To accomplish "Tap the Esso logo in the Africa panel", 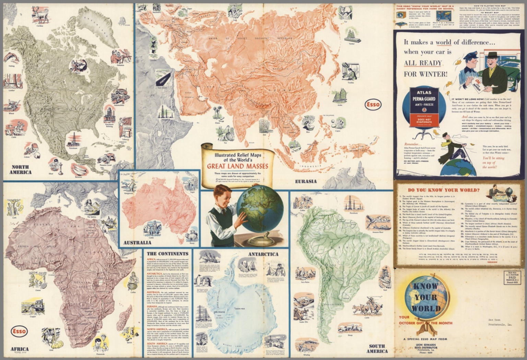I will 19,331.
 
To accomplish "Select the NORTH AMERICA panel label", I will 20,169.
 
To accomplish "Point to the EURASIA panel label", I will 305,181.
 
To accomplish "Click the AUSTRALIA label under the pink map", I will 137,243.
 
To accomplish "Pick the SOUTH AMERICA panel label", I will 377,349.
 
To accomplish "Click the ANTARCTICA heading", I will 263,254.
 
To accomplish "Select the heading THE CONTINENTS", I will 167,254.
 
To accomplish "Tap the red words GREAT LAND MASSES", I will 237,167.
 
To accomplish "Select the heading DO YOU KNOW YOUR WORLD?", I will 444,190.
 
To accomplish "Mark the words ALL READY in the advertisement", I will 423,63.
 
